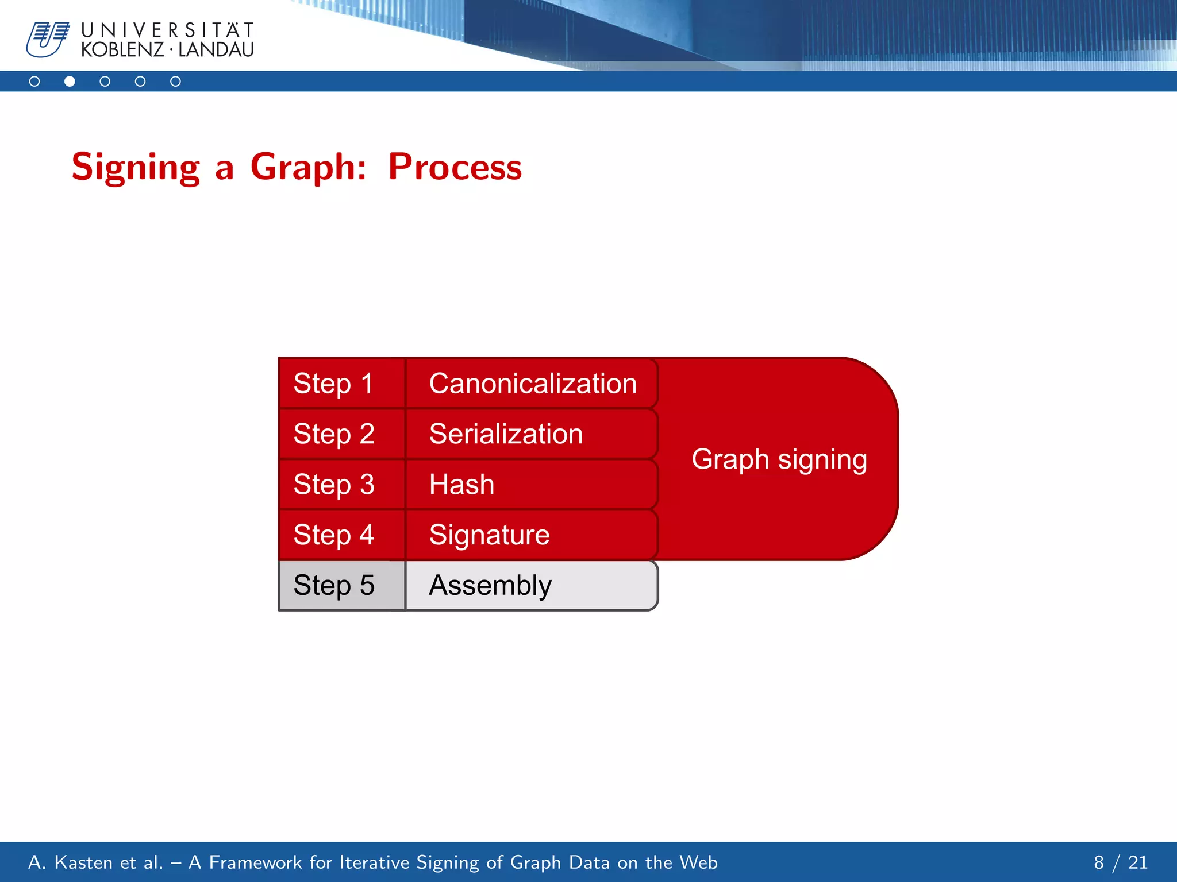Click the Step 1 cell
point(341,384)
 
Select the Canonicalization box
point(532,384)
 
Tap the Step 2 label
point(334,434)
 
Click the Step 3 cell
point(341,485)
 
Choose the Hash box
point(532,485)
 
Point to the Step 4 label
point(334,535)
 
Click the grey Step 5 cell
point(341,586)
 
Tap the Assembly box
point(532,586)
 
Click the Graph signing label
point(779,460)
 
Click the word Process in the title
point(455,167)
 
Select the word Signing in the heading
point(136,167)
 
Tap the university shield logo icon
point(47,39)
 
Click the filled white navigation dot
point(70,82)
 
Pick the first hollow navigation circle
point(34,82)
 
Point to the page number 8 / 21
point(1120,862)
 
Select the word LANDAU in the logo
point(216,50)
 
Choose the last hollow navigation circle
point(176,82)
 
